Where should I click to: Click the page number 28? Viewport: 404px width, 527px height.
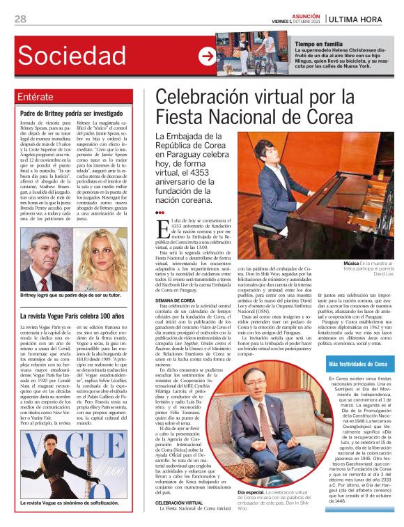(x=20, y=18)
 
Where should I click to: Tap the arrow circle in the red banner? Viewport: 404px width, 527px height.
(x=206, y=56)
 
